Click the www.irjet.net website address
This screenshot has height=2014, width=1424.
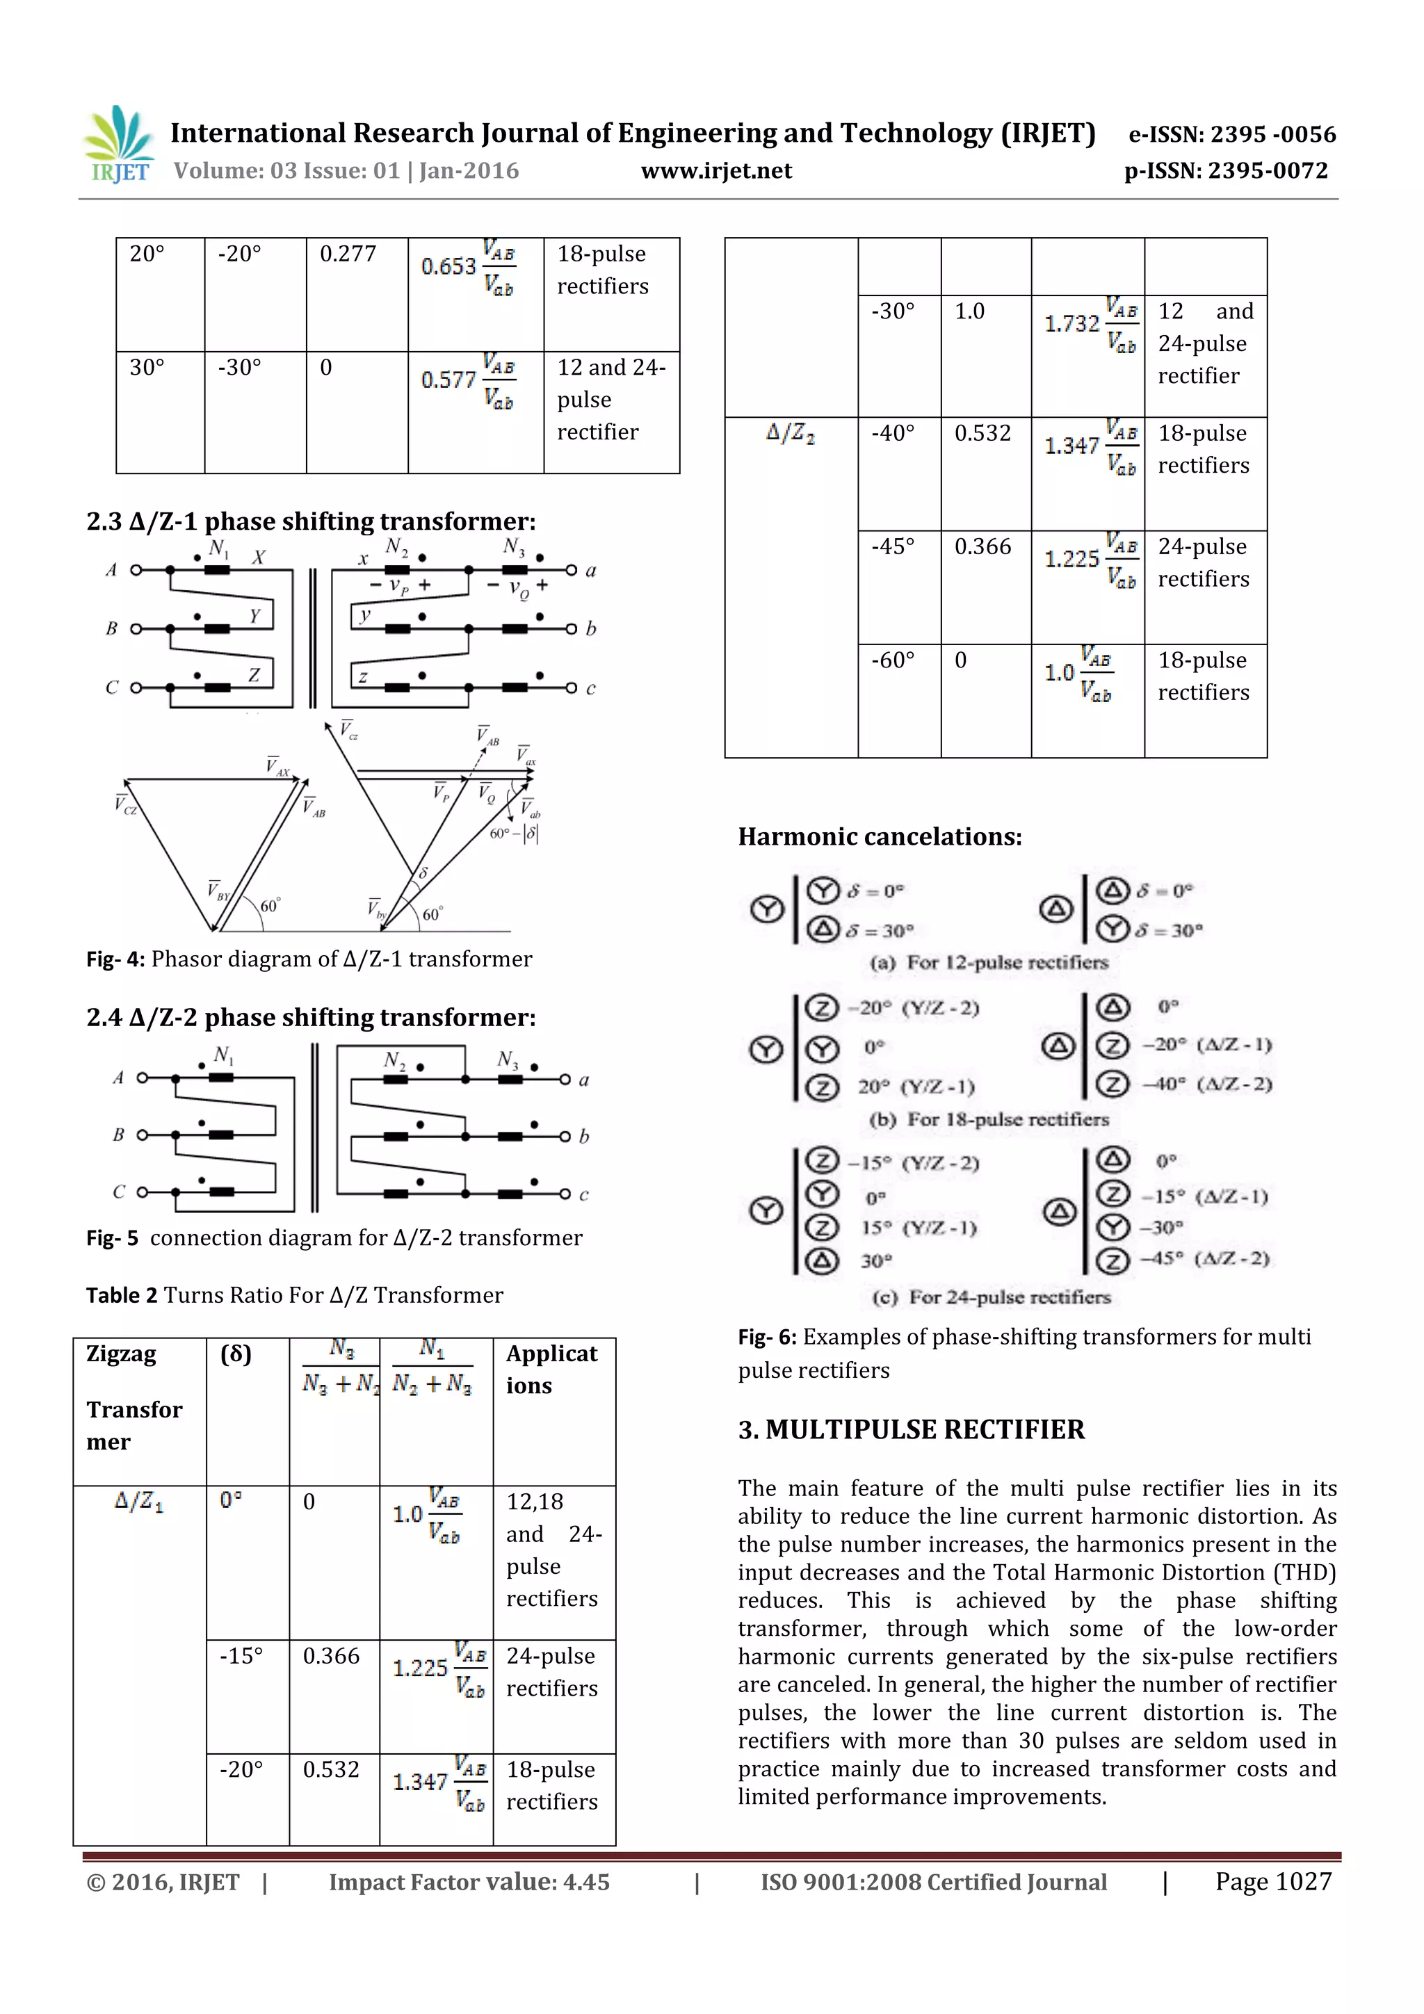coord(716,171)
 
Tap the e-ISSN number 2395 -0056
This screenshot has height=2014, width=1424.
coord(1272,134)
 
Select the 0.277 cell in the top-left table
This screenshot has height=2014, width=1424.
coord(348,254)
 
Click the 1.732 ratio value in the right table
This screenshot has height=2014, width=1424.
coord(1071,324)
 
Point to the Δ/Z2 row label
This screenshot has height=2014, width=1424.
coord(790,433)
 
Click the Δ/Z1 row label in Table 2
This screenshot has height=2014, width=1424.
coord(138,1502)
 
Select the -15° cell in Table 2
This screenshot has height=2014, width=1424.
coord(241,1656)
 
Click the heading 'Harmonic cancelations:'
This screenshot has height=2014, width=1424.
coord(879,837)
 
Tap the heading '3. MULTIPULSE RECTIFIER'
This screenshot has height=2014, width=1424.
coord(911,1430)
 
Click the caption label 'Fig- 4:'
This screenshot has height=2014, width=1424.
coord(115,959)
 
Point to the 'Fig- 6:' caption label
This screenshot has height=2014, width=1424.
coord(767,1337)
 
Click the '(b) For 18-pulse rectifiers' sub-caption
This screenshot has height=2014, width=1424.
coord(989,1119)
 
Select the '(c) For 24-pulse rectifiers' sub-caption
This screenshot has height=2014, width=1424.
coord(992,1297)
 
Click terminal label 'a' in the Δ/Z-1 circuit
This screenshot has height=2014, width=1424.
coord(590,571)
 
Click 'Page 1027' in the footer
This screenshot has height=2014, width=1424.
coord(1273,1881)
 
